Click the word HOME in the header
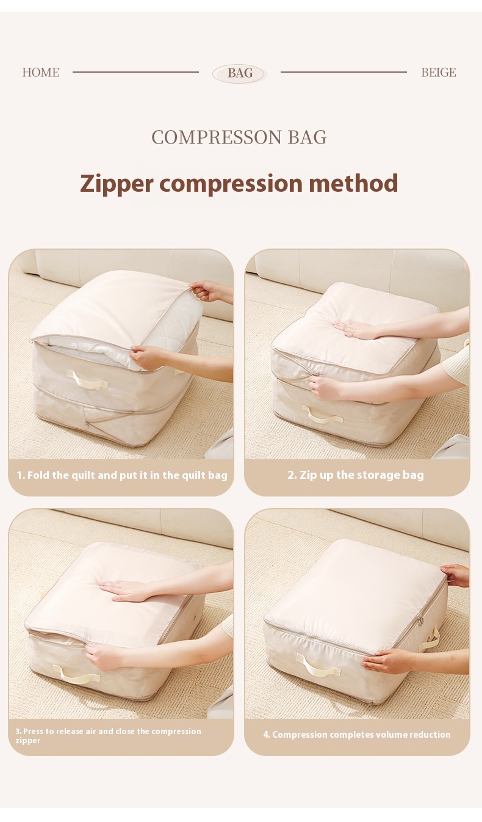(41, 72)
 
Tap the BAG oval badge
(240, 73)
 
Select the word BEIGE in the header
(439, 72)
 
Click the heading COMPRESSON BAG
(239, 137)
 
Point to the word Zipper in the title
(117, 183)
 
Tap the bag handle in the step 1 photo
(87, 379)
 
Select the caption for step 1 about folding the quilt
(122, 475)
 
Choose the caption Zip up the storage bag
(356, 475)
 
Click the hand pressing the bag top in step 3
(124, 590)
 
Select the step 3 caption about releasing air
(108, 736)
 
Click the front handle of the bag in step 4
(318, 664)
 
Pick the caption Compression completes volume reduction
(357, 735)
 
